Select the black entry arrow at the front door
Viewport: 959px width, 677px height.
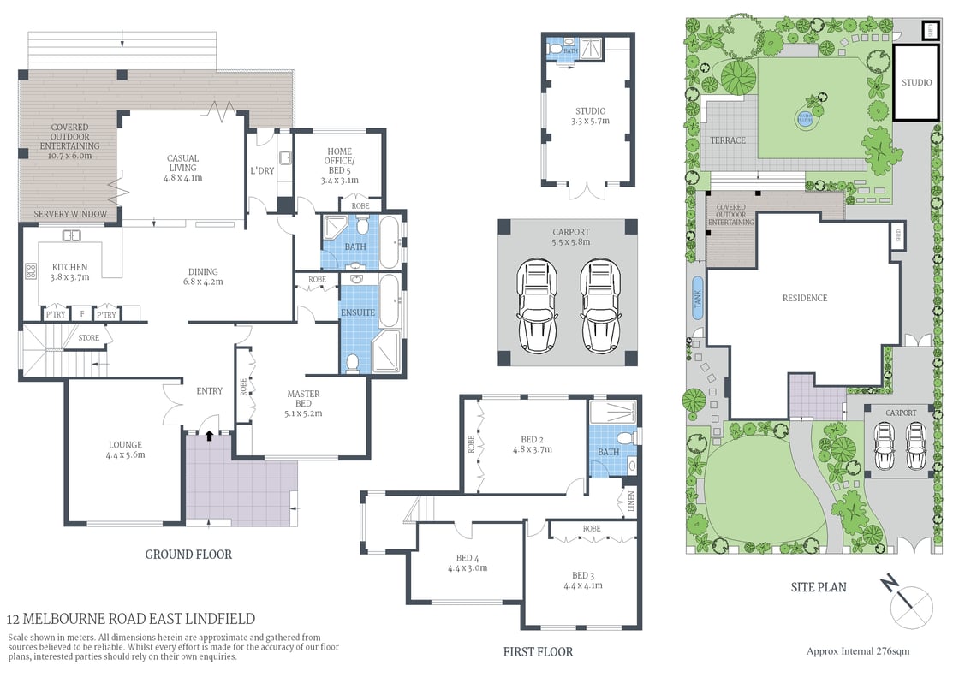(209, 436)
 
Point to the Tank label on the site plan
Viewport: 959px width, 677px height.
(697, 298)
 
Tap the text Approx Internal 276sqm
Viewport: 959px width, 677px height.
(858, 651)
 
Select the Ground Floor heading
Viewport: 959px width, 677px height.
(188, 555)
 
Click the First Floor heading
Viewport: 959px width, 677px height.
(538, 652)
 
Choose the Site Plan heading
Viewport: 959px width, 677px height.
(819, 587)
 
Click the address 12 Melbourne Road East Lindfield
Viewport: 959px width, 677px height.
(131, 619)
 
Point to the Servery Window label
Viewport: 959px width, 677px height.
(70, 214)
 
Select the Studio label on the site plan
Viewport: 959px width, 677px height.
(916, 83)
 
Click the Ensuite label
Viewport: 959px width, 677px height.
(358, 312)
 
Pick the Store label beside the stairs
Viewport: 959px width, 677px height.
(89, 338)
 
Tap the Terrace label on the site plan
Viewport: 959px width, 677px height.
(728, 140)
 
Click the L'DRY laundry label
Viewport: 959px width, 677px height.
(262, 171)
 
